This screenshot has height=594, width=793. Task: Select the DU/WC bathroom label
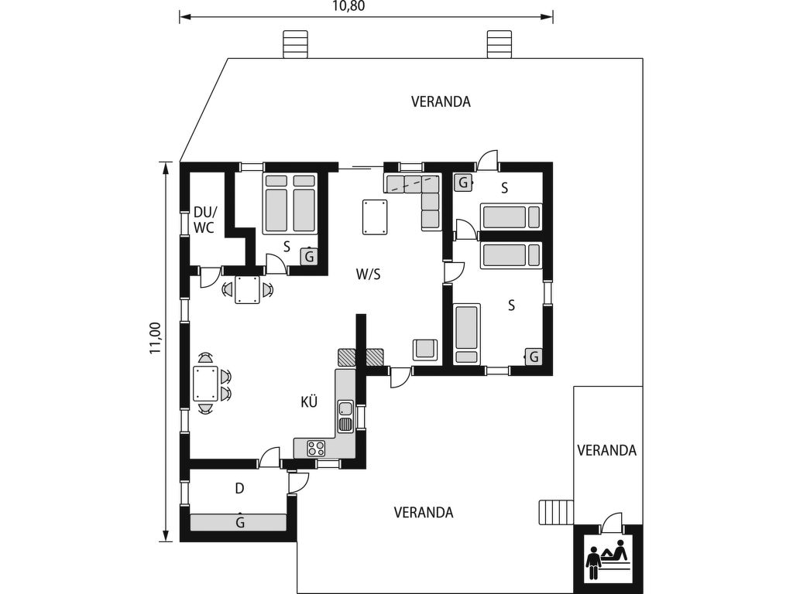pyautogui.click(x=204, y=220)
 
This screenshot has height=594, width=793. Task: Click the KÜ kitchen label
pyautogui.click(x=309, y=402)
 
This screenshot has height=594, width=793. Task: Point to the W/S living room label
pyautogui.click(x=368, y=275)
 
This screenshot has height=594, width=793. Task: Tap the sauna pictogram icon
pyautogui.click(x=608, y=561)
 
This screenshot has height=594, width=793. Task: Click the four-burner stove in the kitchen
pyautogui.click(x=317, y=447)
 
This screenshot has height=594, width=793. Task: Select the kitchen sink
pyautogui.click(x=345, y=415)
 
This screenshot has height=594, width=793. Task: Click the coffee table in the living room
pyautogui.click(x=376, y=217)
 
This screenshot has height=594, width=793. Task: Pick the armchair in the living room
pyautogui.click(x=425, y=350)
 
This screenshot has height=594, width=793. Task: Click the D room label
pyautogui.click(x=240, y=489)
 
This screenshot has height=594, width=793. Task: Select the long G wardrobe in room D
pyautogui.click(x=238, y=522)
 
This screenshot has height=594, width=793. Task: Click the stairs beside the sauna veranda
pyautogui.click(x=556, y=512)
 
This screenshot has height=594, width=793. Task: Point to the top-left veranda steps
pyautogui.click(x=295, y=44)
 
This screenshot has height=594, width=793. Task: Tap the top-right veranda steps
pyautogui.click(x=499, y=44)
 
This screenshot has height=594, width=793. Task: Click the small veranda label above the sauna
pyautogui.click(x=607, y=450)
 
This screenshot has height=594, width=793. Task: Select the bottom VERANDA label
pyautogui.click(x=424, y=513)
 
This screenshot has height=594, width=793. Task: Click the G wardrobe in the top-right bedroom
pyautogui.click(x=463, y=183)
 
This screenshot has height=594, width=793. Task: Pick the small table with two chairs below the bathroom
pyautogui.click(x=248, y=290)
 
